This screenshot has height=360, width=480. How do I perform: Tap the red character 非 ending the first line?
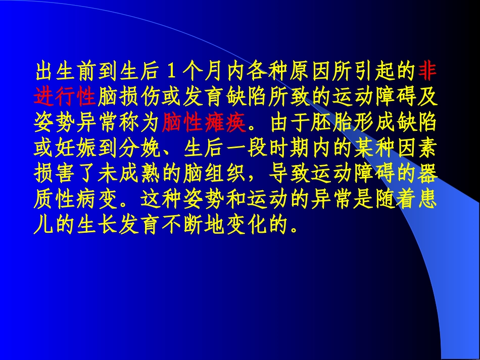pyautogui.click(x=428, y=71)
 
